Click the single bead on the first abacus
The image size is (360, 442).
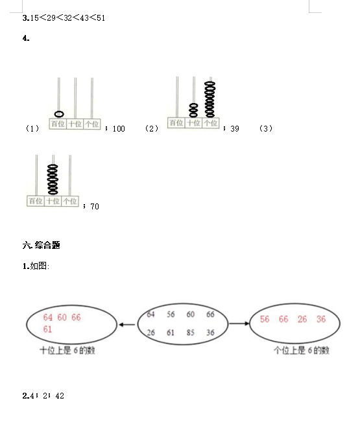(x=59, y=114)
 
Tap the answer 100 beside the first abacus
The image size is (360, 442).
(x=119, y=129)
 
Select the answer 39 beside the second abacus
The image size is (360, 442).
(x=234, y=129)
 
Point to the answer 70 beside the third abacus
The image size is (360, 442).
(x=95, y=207)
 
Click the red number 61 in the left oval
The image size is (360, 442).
(x=47, y=329)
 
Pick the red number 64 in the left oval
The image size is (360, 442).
(x=48, y=318)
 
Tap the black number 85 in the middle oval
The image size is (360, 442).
(x=191, y=332)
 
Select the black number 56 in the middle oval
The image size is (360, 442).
(x=171, y=314)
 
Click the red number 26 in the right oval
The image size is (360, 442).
(x=302, y=319)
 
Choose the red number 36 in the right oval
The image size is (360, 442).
(x=321, y=319)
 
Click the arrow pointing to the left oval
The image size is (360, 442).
(x=127, y=325)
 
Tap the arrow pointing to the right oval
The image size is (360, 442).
(x=239, y=323)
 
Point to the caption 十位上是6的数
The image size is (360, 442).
(x=67, y=351)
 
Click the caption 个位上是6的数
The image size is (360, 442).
(x=302, y=351)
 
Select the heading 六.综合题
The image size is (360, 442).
(x=42, y=245)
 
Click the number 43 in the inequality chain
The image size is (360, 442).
(x=84, y=18)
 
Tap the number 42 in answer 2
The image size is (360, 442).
(x=60, y=396)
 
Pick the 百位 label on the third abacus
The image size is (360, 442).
(x=36, y=201)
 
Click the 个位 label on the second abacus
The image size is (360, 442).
(x=210, y=123)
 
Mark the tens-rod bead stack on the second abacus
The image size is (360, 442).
(x=193, y=110)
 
